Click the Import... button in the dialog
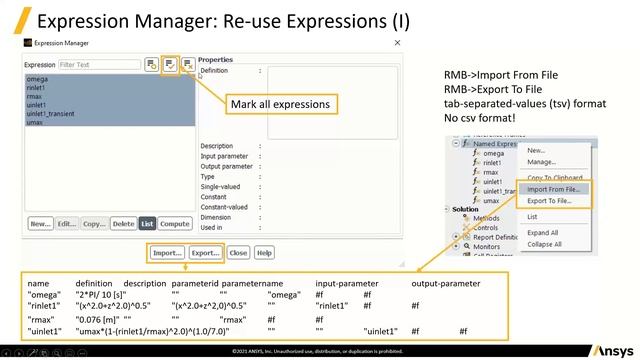[168, 253]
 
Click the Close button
[238, 253]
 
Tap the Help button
[264, 253]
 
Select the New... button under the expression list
[40, 224]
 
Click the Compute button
[175, 224]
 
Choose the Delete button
[123, 224]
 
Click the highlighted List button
[147, 224]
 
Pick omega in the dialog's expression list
[37, 79]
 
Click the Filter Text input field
[98, 65]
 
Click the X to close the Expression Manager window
[397, 43]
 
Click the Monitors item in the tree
[487, 246]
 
